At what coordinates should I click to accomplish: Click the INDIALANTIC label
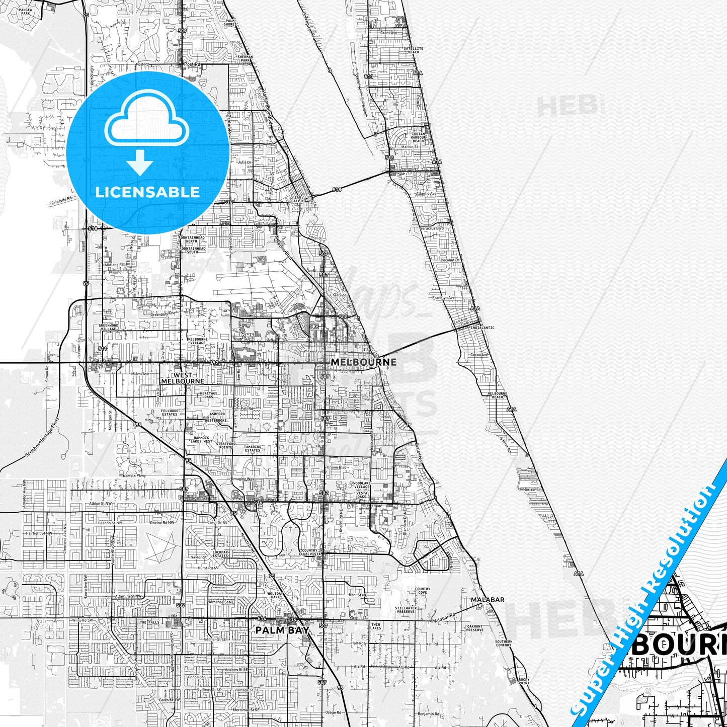click(482, 328)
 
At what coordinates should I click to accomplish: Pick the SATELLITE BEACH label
click(414, 50)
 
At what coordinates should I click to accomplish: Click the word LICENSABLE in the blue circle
click(147, 192)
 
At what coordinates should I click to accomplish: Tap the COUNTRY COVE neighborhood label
click(422, 591)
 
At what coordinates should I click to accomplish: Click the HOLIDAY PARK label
click(276, 596)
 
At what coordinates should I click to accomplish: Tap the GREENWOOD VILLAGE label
click(108, 327)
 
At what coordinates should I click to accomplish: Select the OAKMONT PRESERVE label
click(475, 628)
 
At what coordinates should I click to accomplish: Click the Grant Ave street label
click(388, 33)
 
